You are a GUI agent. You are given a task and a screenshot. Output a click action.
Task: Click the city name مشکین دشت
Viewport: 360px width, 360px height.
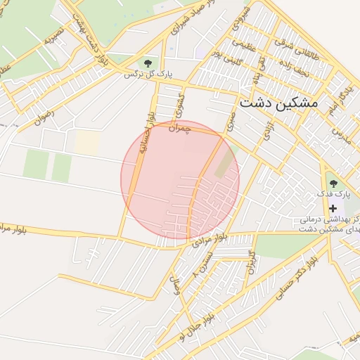(278, 103)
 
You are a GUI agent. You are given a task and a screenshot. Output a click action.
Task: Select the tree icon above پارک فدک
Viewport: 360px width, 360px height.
(333, 183)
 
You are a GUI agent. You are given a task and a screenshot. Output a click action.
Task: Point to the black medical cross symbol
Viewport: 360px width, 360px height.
(333, 208)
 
